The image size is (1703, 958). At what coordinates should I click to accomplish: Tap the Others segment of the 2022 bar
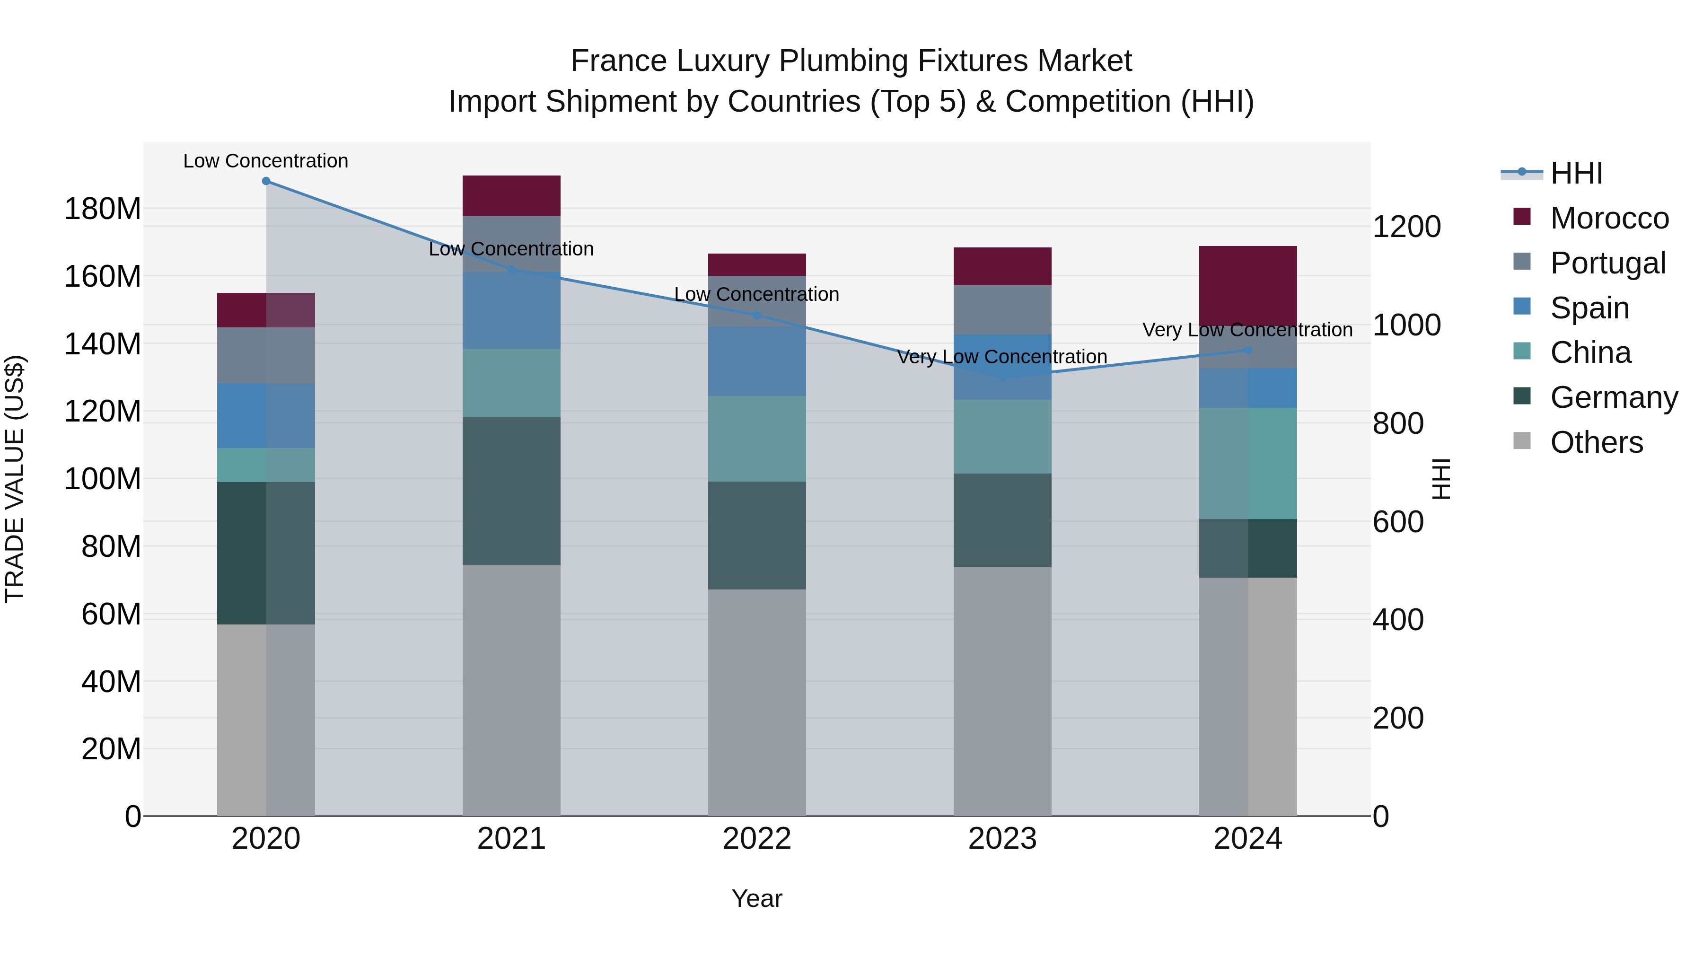point(756,702)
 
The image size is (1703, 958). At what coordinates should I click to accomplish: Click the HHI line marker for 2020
point(266,181)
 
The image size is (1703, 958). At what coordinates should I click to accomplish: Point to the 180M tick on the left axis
point(103,209)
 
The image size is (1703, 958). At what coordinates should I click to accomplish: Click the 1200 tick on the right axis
point(1406,227)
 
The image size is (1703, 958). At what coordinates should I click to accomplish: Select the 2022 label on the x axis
point(756,839)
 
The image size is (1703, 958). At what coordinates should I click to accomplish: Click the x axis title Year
point(756,898)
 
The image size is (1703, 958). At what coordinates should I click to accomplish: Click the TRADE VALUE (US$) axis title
point(15,479)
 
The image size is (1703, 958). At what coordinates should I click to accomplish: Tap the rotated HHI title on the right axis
point(1441,479)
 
